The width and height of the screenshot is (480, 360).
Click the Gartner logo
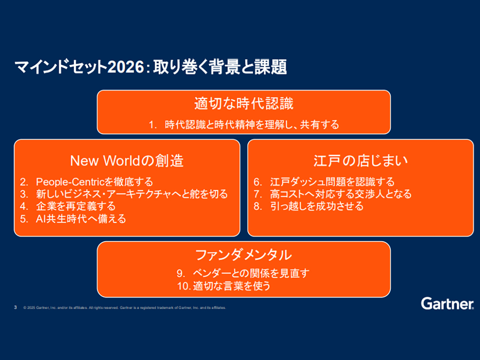(x=447, y=303)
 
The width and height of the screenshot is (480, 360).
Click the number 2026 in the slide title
(x=126, y=67)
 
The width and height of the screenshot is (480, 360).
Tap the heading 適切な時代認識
(x=244, y=103)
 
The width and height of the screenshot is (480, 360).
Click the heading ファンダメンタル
(x=244, y=255)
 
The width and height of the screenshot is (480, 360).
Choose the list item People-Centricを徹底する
(x=94, y=182)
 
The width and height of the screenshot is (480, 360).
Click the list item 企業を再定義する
(x=76, y=206)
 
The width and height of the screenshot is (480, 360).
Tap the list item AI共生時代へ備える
(x=81, y=219)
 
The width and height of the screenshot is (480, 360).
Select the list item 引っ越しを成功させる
(x=317, y=206)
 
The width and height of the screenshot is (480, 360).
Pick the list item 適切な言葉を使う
(x=232, y=286)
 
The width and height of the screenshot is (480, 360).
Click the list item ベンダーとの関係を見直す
(x=251, y=273)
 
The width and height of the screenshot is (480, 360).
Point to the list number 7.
(x=257, y=194)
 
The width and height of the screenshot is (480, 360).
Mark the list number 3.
(x=24, y=194)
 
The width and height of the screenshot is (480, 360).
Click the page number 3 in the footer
(x=15, y=307)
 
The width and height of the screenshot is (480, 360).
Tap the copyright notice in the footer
(x=124, y=307)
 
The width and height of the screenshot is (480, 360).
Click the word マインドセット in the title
(x=61, y=67)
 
